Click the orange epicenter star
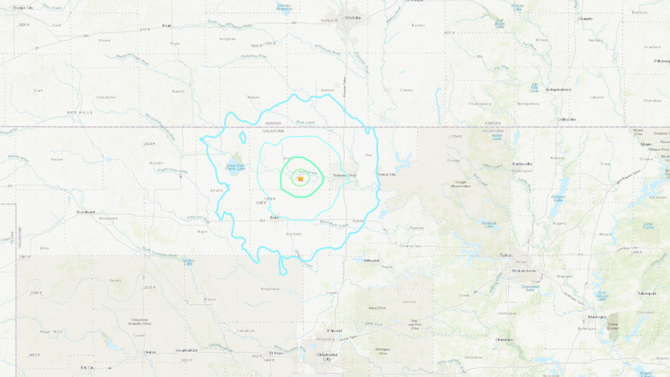pos(300,179)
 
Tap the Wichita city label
pos(353,18)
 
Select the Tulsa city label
pos(504,256)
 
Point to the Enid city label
pos(274,217)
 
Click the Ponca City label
pos(387,175)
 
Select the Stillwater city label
pos(371,260)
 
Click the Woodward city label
pos(86,212)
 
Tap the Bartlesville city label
pos(522,164)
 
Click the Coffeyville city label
pos(567,119)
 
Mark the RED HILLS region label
pos(79,111)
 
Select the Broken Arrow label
pos(523,270)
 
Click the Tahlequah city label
pos(646,293)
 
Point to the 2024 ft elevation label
pos(149,144)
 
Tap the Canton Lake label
pos(188,262)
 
